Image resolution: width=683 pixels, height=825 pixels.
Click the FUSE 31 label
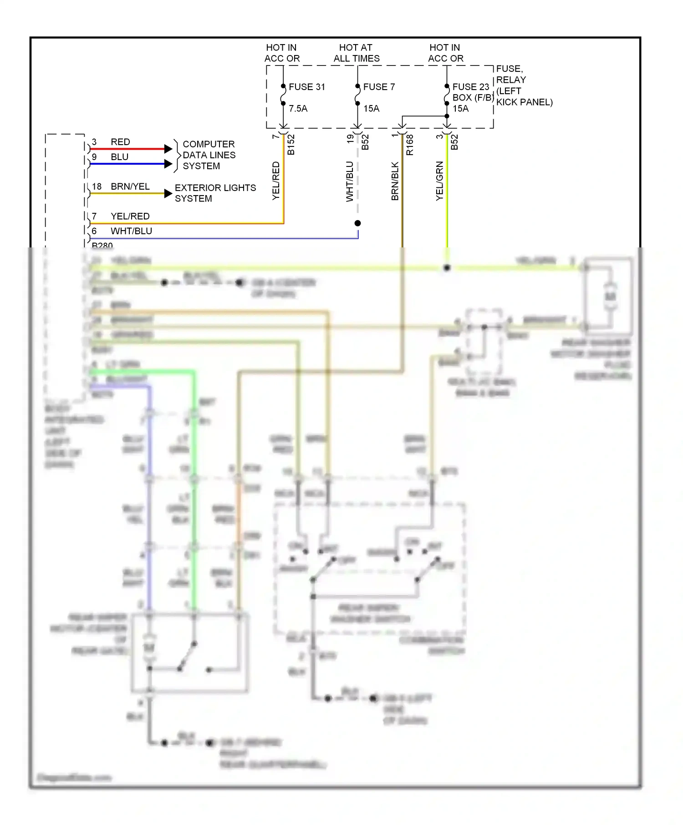pyautogui.click(x=307, y=87)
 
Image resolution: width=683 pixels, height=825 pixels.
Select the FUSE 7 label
pyautogui.click(x=379, y=87)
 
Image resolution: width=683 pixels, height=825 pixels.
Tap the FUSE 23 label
pyautogui.click(x=470, y=87)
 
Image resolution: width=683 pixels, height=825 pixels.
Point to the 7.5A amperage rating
pyautogui.click(x=298, y=109)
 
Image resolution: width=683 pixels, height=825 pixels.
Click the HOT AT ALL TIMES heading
pyautogui.click(x=356, y=53)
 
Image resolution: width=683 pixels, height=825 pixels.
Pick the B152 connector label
pyautogui.click(x=291, y=145)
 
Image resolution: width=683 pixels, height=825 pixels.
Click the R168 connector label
pyautogui.click(x=410, y=145)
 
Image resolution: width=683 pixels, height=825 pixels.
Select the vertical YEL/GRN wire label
pyautogui.click(x=439, y=181)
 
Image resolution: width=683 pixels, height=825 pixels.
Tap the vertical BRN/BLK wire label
pyautogui.click(x=395, y=181)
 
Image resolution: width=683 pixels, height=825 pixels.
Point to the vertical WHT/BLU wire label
pyautogui.click(x=350, y=181)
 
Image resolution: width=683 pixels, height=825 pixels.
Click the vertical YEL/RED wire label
pyautogui.click(x=276, y=181)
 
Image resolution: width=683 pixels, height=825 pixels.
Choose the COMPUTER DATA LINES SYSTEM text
pyautogui.click(x=209, y=155)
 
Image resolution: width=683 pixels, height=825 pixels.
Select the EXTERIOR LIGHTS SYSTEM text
pyautogui.click(x=215, y=193)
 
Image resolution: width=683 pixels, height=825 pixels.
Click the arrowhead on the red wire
pyautogui.click(x=168, y=149)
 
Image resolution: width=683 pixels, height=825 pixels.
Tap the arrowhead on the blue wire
pyautogui.click(x=168, y=164)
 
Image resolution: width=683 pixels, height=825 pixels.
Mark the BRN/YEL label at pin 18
pyautogui.click(x=130, y=186)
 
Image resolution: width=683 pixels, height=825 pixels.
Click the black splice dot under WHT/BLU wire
pyautogui.click(x=358, y=223)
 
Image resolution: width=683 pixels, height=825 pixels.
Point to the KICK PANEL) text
pyautogui.click(x=524, y=102)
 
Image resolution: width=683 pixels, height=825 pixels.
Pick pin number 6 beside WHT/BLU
pyautogui.click(x=94, y=231)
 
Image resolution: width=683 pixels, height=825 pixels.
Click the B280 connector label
pyautogui.click(x=102, y=245)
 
